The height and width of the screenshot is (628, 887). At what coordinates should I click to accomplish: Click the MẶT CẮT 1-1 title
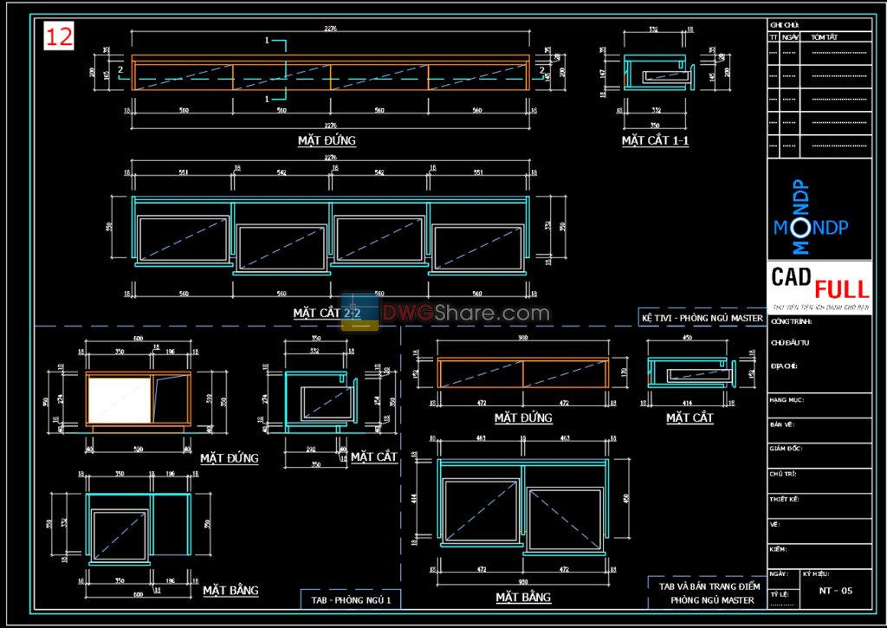[655, 140]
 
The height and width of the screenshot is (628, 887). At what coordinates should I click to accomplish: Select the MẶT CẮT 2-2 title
[327, 312]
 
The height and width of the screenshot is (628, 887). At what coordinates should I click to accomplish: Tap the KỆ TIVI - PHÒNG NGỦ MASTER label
[702, 318]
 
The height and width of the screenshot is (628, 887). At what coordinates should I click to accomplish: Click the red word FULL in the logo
[840, 287]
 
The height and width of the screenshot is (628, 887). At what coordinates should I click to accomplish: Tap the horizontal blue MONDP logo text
[811, 228]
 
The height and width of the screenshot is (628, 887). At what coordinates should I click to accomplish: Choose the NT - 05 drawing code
[835, 591]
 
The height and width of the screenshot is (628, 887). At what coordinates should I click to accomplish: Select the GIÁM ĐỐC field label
[787, 449]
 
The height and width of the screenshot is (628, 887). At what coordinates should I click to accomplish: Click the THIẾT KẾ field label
[785, 499]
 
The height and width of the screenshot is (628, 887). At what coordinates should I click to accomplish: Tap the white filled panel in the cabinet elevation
[120, 400]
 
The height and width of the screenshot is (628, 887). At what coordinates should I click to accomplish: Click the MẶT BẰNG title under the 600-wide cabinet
[230, 591]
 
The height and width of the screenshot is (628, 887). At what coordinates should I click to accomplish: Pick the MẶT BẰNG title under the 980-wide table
[523, 598]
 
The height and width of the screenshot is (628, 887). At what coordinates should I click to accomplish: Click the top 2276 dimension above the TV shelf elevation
[330, 28]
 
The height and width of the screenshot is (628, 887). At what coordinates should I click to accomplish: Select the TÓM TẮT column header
[824, 38]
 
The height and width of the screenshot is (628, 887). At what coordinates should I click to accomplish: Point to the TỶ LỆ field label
[779, 595]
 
